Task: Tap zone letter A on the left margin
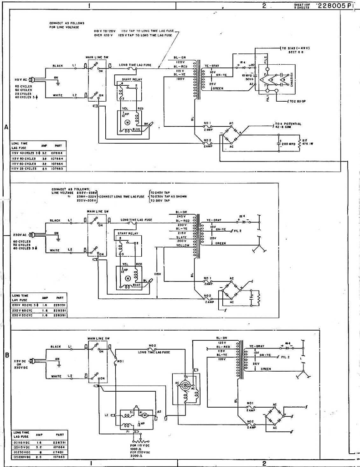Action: pos(5,128)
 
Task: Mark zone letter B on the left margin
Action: pos(5,353)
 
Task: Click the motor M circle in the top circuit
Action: pos(127,122)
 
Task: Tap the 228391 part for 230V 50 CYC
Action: pos(60,315)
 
